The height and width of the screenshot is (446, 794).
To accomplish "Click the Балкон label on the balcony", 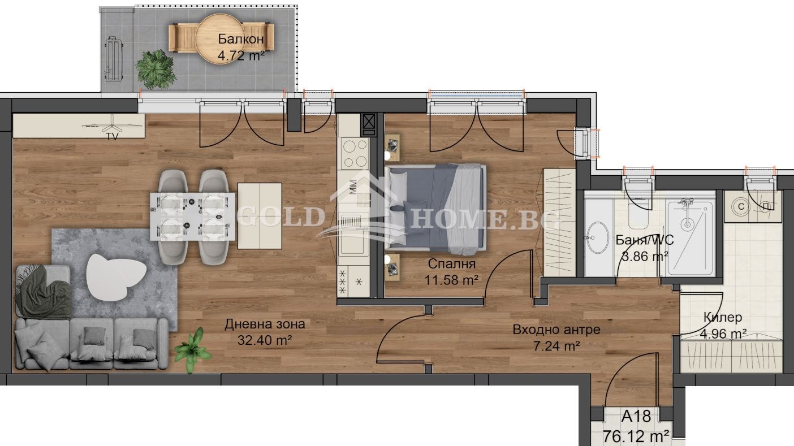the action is tap(241, 38).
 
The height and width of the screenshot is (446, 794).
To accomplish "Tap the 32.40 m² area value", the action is tap(265, 340).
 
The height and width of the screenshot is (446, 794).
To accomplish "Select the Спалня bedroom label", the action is tap(452, 264).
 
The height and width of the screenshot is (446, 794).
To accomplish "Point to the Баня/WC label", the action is tap(645, 240).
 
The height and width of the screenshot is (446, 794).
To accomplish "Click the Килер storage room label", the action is tap(722, 317).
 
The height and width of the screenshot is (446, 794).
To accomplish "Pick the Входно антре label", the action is tap(556, 330).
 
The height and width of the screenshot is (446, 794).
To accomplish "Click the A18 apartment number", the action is tap(636, 417).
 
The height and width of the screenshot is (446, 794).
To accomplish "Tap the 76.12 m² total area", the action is tap(636, 436).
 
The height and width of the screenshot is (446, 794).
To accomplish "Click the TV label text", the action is tap(112, 136).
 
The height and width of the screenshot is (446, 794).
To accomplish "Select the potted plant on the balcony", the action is tap(155, 70).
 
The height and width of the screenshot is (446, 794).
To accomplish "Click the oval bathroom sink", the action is tap(598, 238).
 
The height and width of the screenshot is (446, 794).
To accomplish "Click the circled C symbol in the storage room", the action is tap(741, 206).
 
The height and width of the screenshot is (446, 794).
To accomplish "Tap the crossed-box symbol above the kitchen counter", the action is tap(369, 122).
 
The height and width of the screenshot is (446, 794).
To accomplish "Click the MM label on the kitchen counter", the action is tap(353, 187).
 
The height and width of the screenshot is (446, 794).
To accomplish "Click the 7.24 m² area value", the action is tap(556, 346).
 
